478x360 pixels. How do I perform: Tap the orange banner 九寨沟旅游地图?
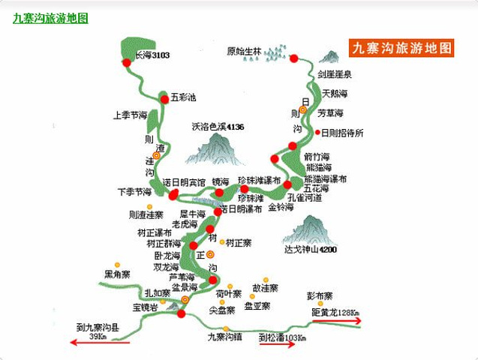point(403,48)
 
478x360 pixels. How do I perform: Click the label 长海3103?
point(152,55)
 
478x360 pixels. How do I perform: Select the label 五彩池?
point(183,97)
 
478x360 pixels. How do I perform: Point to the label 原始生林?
point(243,52)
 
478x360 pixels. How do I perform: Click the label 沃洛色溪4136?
point(218,127)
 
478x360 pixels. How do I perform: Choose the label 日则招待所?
point(341,133)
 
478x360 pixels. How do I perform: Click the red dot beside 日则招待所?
point(317,133)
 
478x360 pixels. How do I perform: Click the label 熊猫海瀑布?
point(325,179)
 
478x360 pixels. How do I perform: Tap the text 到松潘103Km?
point(282,337)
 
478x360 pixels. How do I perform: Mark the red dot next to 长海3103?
point(127,62)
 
